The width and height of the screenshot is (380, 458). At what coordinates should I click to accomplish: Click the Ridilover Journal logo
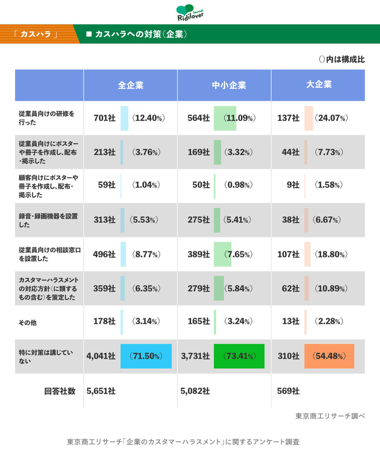coord(190,13)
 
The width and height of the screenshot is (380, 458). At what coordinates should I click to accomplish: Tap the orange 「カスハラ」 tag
coord(36,34)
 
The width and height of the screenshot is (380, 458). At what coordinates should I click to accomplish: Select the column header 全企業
coord(131,85)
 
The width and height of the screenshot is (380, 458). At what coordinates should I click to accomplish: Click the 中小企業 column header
coord(229,85)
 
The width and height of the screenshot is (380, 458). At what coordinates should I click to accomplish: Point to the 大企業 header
coord(319,84)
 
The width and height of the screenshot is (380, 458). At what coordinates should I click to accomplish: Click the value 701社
coord(104,118)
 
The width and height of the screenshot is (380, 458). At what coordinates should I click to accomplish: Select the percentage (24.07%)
coord(331,118)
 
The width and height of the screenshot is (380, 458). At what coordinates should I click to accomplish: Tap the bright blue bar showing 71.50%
coord(146,356)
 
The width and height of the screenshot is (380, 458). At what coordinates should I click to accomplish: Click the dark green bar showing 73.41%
coord(239,356)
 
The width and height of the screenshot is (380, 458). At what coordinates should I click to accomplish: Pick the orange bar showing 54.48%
coord(329,356)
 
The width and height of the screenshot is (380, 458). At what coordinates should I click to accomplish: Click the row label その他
coord(28,323)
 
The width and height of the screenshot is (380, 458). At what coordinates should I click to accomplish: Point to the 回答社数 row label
coord(60,391)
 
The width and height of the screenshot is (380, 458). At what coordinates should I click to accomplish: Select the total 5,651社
coord(101,391)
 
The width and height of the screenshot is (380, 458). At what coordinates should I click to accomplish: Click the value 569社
coord(288,391)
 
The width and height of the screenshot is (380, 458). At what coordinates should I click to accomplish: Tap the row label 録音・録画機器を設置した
coord(48,220)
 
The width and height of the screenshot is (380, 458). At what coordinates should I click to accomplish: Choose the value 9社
coord(293,185)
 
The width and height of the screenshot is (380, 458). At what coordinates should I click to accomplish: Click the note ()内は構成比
coord(342,59)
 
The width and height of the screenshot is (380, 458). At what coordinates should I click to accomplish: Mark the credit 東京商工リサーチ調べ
coord(330,416)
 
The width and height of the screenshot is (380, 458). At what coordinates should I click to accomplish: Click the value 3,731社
coord(195,356)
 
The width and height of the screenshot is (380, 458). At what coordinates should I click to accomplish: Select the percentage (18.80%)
coord(331,254)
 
